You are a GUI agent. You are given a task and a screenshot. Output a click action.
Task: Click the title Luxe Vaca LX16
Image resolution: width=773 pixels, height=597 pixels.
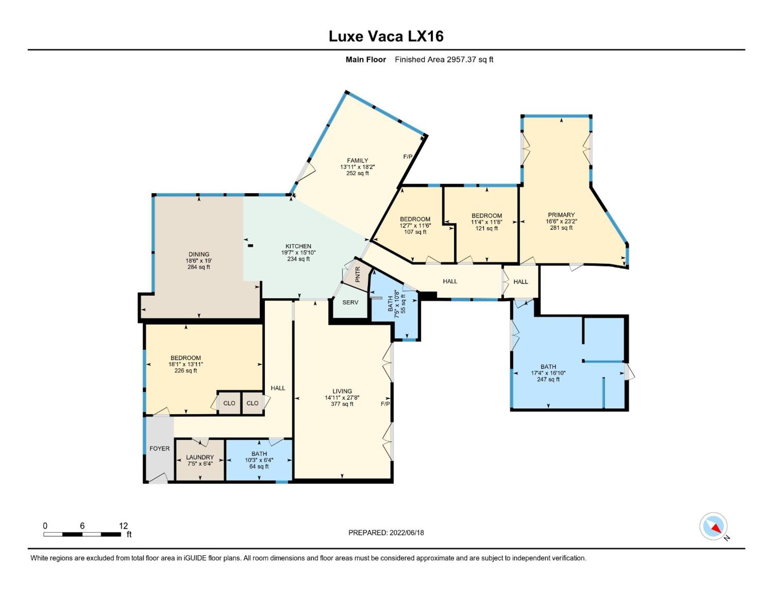tap(386, 37)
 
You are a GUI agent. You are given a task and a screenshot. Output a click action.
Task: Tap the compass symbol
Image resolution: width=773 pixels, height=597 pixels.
tap(713, 526)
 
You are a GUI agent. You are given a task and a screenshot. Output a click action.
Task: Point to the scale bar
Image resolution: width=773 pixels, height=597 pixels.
tap(82, 534)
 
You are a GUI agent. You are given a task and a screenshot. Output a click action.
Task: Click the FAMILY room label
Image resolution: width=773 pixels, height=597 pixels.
tap(357, 160)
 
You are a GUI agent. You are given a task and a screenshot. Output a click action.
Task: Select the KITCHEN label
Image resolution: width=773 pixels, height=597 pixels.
tap(298, 246)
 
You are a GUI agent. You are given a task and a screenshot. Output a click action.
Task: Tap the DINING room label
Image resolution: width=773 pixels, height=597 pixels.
tap(199, 254)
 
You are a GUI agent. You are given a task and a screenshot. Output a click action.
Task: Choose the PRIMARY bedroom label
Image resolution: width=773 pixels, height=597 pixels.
tap(561, 215)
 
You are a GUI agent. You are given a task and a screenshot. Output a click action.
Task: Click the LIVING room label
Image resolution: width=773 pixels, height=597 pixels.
tap(342, 391)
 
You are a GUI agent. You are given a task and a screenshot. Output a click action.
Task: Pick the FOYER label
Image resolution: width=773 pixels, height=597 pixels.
tap(160, 448)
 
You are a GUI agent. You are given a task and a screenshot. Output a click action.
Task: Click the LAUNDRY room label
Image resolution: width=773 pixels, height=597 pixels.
tap(200, 457)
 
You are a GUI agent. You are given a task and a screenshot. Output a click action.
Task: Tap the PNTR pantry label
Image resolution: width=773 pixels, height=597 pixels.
tap(357, 275)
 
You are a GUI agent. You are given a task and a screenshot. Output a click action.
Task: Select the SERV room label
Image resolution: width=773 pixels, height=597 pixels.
tap(350, 302)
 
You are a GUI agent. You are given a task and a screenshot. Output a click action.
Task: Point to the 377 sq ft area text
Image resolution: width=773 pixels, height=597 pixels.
tap(342, 404)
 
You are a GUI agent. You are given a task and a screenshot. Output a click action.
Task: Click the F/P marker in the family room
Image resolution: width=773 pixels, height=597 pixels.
tap(408, 156)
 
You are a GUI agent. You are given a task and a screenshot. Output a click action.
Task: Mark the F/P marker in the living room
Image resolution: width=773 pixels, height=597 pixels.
tap(385, 404)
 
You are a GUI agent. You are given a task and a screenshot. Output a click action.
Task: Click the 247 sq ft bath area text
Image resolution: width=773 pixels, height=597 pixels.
tap(548, 380)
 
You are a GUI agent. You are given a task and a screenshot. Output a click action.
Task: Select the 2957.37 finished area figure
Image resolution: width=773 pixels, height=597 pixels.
tap(461, 59)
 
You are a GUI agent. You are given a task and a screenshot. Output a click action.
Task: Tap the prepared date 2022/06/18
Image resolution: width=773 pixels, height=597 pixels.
tap(407, 533)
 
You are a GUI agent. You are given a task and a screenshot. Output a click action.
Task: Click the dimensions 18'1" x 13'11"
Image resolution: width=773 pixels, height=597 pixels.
tap(186, 364)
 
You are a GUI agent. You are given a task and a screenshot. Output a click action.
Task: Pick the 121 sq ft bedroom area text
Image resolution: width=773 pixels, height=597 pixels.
tap(487, 228)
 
